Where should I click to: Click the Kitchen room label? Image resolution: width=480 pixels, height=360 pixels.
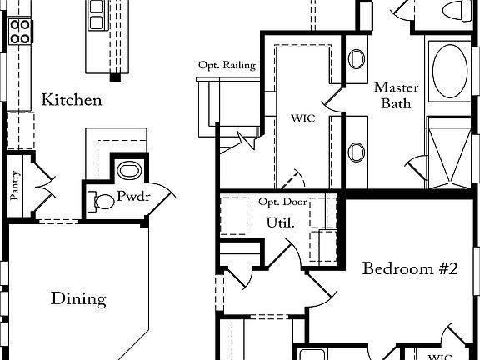[72, 100]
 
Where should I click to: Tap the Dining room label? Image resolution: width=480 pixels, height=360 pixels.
[78, 298]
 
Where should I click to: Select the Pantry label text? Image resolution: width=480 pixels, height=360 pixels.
[15, 186]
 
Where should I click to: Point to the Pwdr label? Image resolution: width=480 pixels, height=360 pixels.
[133, 196]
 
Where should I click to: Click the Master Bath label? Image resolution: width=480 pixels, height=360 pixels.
[396, 96]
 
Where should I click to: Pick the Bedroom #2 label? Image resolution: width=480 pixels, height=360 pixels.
[410, 268]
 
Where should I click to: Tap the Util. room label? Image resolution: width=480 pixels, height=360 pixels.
[280, 222]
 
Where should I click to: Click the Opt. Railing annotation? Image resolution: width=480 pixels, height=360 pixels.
[227, 65]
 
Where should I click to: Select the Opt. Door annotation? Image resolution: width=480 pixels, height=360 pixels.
[282, 202]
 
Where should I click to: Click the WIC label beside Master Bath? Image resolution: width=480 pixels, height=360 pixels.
[303, 118]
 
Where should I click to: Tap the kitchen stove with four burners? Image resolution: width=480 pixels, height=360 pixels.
[20, 32]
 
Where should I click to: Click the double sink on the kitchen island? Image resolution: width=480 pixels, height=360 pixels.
[96, 15]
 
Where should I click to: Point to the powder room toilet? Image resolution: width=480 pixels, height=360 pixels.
[101, 202]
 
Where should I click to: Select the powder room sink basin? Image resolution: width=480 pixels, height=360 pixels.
[129, 171]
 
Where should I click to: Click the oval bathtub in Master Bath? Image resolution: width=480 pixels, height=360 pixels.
[450, 71]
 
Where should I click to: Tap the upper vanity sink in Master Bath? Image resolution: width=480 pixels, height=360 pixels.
[357, 59]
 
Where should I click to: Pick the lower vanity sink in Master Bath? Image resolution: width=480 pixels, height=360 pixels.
[357, 152]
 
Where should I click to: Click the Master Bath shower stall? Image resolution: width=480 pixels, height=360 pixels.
[449, 152]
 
